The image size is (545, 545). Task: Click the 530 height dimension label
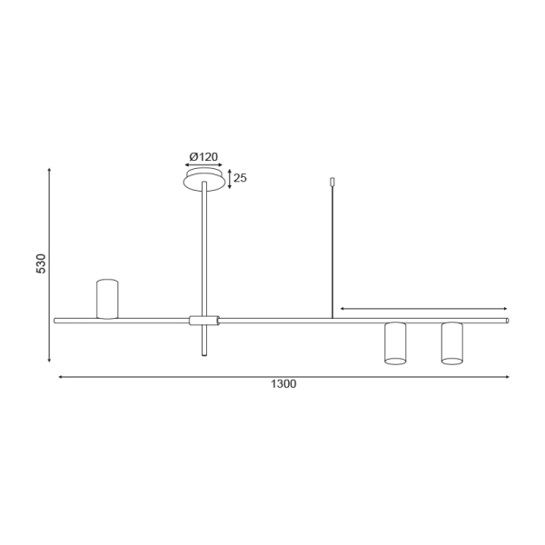(x=41, y=264)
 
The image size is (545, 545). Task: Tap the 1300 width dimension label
(x=283, y=384)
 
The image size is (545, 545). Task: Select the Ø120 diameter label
(x=203, y=156)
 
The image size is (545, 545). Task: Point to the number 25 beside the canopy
(x=240, y=178)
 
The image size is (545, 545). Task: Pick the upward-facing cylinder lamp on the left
(x=108, y=299)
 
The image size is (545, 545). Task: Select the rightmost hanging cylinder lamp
(x=451, y=342)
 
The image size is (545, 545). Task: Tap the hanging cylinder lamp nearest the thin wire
(x=394, y=342)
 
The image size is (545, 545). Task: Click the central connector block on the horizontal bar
(x=204, y=320)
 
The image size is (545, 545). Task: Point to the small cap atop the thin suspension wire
(x=333, y=182)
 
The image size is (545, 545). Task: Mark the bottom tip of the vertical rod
(x=204, y=354)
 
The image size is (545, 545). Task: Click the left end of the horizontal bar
(x=56, y=320)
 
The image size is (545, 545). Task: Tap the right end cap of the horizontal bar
(x=507, y=320)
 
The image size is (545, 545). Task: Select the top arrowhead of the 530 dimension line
(x=49, y=170)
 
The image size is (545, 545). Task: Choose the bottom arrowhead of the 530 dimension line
(x=49, y=361)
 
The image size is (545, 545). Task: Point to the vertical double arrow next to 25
(x=229, y=178)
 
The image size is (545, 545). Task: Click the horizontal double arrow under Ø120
(x=204, y=166)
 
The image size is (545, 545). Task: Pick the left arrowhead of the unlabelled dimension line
(x=342, y=309)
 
